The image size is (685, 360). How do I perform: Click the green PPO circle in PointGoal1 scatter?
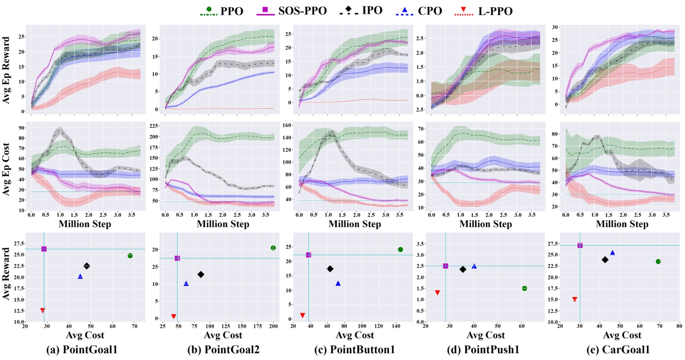tap(130, 256)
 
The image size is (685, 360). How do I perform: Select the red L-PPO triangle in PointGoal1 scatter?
tap(43, 310)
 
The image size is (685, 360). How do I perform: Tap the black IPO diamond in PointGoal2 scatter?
tap(201, 274)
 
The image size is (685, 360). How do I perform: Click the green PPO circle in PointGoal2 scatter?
tap(273, 248)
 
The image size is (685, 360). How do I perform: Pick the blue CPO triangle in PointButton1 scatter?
tap(338, 283)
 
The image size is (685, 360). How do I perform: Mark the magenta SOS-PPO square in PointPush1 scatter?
tap(445, 266)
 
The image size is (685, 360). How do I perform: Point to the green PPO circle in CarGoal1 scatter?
tap(658, 262)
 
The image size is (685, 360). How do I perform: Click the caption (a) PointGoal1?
tap(82, 350)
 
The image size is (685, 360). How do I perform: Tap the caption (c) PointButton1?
tap(354, 350)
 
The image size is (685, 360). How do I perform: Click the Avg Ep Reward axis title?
tap(6, 70)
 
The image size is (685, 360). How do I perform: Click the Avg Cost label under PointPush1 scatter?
tap(486, 335)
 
